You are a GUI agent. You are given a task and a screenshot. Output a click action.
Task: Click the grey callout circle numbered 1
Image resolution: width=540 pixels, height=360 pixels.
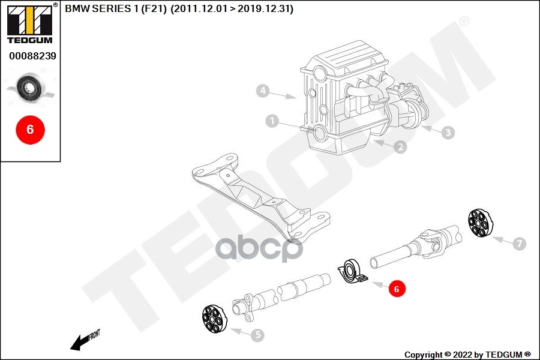[272, 122]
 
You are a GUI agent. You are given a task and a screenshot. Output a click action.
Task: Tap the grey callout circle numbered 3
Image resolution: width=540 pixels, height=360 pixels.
[448, 133]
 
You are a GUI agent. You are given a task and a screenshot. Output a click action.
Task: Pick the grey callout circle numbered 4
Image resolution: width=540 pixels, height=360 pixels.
[262, 92]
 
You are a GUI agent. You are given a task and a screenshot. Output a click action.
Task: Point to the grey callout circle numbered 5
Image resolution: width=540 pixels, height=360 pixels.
[257, 335]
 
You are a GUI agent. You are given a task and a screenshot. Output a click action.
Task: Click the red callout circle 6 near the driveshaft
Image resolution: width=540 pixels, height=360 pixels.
[395, 289]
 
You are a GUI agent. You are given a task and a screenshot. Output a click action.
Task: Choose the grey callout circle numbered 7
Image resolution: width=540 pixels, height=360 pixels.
[519, 244]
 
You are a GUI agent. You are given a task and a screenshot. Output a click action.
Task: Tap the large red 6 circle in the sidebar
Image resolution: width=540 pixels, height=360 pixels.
[29, 129]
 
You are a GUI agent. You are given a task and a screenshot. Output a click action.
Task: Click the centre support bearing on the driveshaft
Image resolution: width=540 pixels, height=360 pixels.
[350, 271]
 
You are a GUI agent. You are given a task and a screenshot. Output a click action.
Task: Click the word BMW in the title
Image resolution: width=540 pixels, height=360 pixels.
[76, 10]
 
